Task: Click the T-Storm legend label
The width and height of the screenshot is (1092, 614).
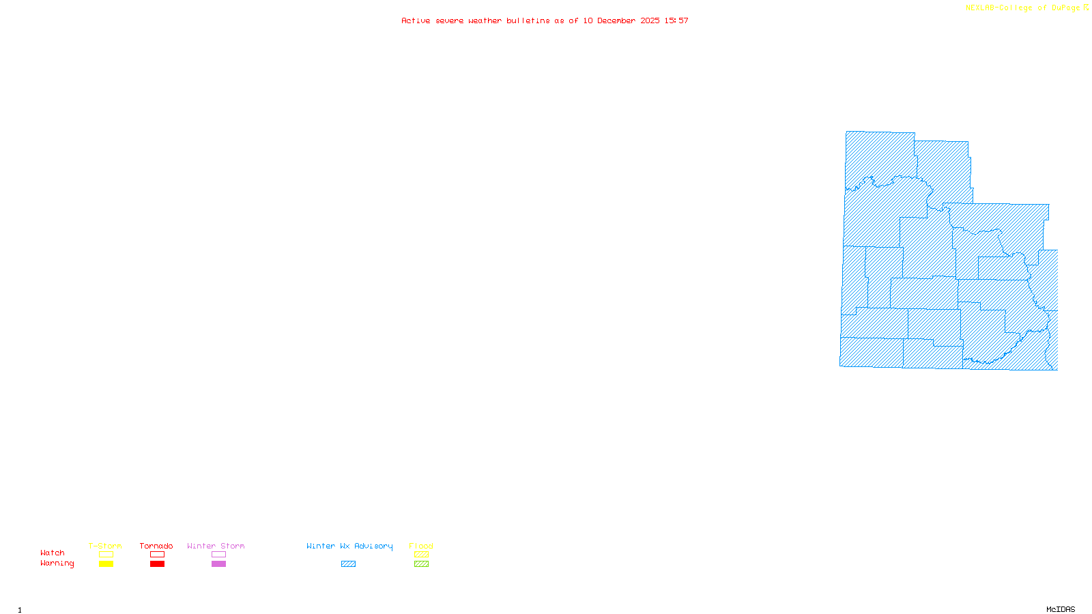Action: tap(105, 546)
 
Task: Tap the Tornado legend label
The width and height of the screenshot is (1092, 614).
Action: tap(156, 546)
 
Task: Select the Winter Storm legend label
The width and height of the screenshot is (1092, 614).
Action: tap(216, 546)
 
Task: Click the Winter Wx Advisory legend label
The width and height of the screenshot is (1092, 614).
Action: tap(349, 546)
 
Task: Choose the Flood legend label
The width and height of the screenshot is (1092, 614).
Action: tap(421, 546)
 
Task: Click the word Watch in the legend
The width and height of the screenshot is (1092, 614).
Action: tap(53, 553)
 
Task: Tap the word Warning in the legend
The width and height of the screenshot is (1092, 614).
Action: tap(57, 564)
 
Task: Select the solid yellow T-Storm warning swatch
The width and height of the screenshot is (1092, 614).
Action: tap(106, 564)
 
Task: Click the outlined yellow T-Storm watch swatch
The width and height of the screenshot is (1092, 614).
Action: tap(106, 555)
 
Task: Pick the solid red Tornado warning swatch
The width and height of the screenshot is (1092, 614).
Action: tap(158, 564)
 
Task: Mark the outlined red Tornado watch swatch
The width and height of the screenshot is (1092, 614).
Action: tap(158, 555)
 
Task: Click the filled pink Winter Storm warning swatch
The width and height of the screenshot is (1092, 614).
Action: tap(218, 564)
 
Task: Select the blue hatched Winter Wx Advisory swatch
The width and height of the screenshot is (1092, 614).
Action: tap(348, 564)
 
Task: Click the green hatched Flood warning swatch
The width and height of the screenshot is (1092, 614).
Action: tap(422, 564)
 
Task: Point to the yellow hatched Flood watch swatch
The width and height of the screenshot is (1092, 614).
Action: tap(422, 555)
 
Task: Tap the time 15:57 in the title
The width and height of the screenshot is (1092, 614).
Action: tap(676, 20)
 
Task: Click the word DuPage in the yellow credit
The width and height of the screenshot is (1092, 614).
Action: tap(1066, 8)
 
